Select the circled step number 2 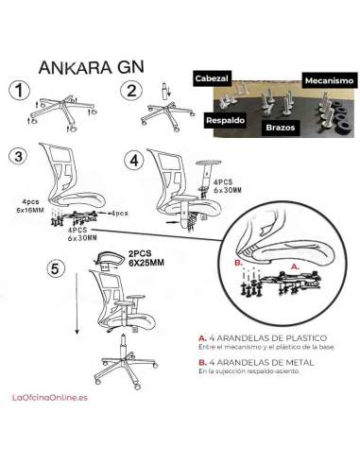(129, 91)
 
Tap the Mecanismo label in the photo (327, 81)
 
